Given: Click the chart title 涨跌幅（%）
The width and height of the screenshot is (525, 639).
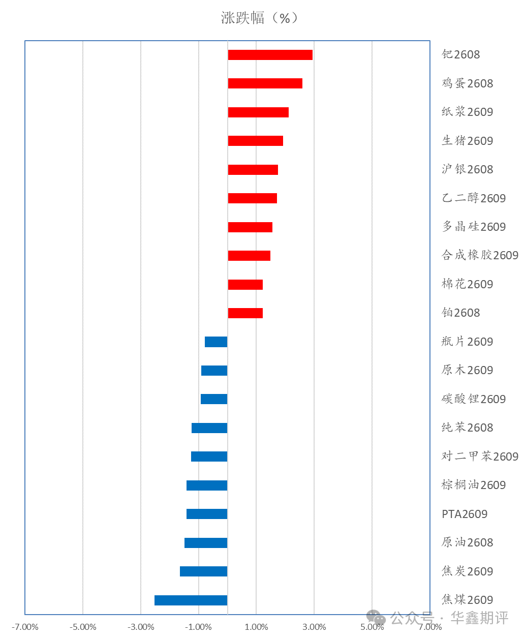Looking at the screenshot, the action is pyautogui.click(x=260, y=18).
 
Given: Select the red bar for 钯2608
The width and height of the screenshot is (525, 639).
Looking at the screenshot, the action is pyautogui.click(x=270, y=55).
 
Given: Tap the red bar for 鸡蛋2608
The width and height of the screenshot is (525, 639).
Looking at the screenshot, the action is pyautogui.click(x=265, y=83).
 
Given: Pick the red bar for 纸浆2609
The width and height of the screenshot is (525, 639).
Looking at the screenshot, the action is pyautogui.click(x=258, y=112).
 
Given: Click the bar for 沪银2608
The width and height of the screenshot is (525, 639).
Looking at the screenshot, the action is pyautogui.click(x=253, y=170).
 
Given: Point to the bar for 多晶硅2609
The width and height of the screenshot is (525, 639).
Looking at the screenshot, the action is pyautogui.click(x=250, y=227).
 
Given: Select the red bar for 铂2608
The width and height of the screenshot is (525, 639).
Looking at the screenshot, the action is pyautogui.click(x=245, y=313).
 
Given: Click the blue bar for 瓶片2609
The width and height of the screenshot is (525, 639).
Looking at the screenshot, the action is pyautogui.click(x=216, y=342).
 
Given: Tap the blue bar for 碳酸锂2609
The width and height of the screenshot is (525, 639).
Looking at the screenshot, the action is pyautogui.click(x=214, y=399).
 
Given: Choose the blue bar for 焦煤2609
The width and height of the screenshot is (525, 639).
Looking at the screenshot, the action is pyautogui.click(x=191, y=600).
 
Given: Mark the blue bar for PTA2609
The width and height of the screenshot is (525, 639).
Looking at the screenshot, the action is pyautogui.click(x=207, y=514).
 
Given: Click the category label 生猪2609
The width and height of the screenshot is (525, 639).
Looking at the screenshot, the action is pyautogui.click(x=468, y=141).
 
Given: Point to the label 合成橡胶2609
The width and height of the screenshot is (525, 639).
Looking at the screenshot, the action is pyautogui.click(x=480, y=255).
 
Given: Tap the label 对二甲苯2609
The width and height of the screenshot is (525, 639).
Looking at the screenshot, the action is pyautogui.click(x=480, y=457).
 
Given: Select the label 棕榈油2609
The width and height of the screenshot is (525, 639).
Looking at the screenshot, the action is pyautogui.click(x=474, y=485).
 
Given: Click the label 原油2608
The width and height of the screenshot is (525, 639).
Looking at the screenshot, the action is pyautogui.click(x=468, y=542).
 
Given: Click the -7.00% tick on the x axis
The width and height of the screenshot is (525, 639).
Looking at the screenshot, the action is pyautogui.click(x=25, y=627).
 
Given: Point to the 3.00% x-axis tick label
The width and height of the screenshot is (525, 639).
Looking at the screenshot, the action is pyautogui.click(x=314, y=627).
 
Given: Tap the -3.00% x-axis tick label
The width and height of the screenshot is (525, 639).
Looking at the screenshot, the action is pyautogui.click(x=141, y=627).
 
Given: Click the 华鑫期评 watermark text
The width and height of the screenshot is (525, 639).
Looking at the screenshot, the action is pyautogui.click(x=479, y=618).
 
